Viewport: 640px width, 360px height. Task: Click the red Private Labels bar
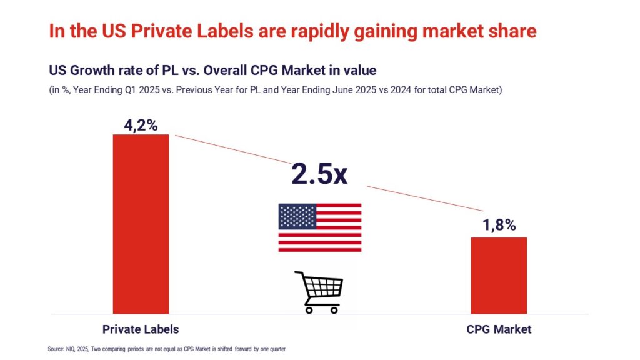[141, 223]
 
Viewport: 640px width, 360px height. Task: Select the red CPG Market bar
[499, 275]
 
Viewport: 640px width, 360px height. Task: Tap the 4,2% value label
[140, 125]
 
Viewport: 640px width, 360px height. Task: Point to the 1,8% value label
[499, 226]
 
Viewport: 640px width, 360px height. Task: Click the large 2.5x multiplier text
[319, 174]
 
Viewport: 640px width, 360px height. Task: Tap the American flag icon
[319, 227]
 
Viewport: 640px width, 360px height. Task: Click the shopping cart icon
[319, 292]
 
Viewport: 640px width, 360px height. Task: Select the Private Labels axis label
[141, 329]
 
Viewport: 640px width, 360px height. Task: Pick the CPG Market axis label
[499, 329]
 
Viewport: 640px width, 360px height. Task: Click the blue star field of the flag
[296, 216]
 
